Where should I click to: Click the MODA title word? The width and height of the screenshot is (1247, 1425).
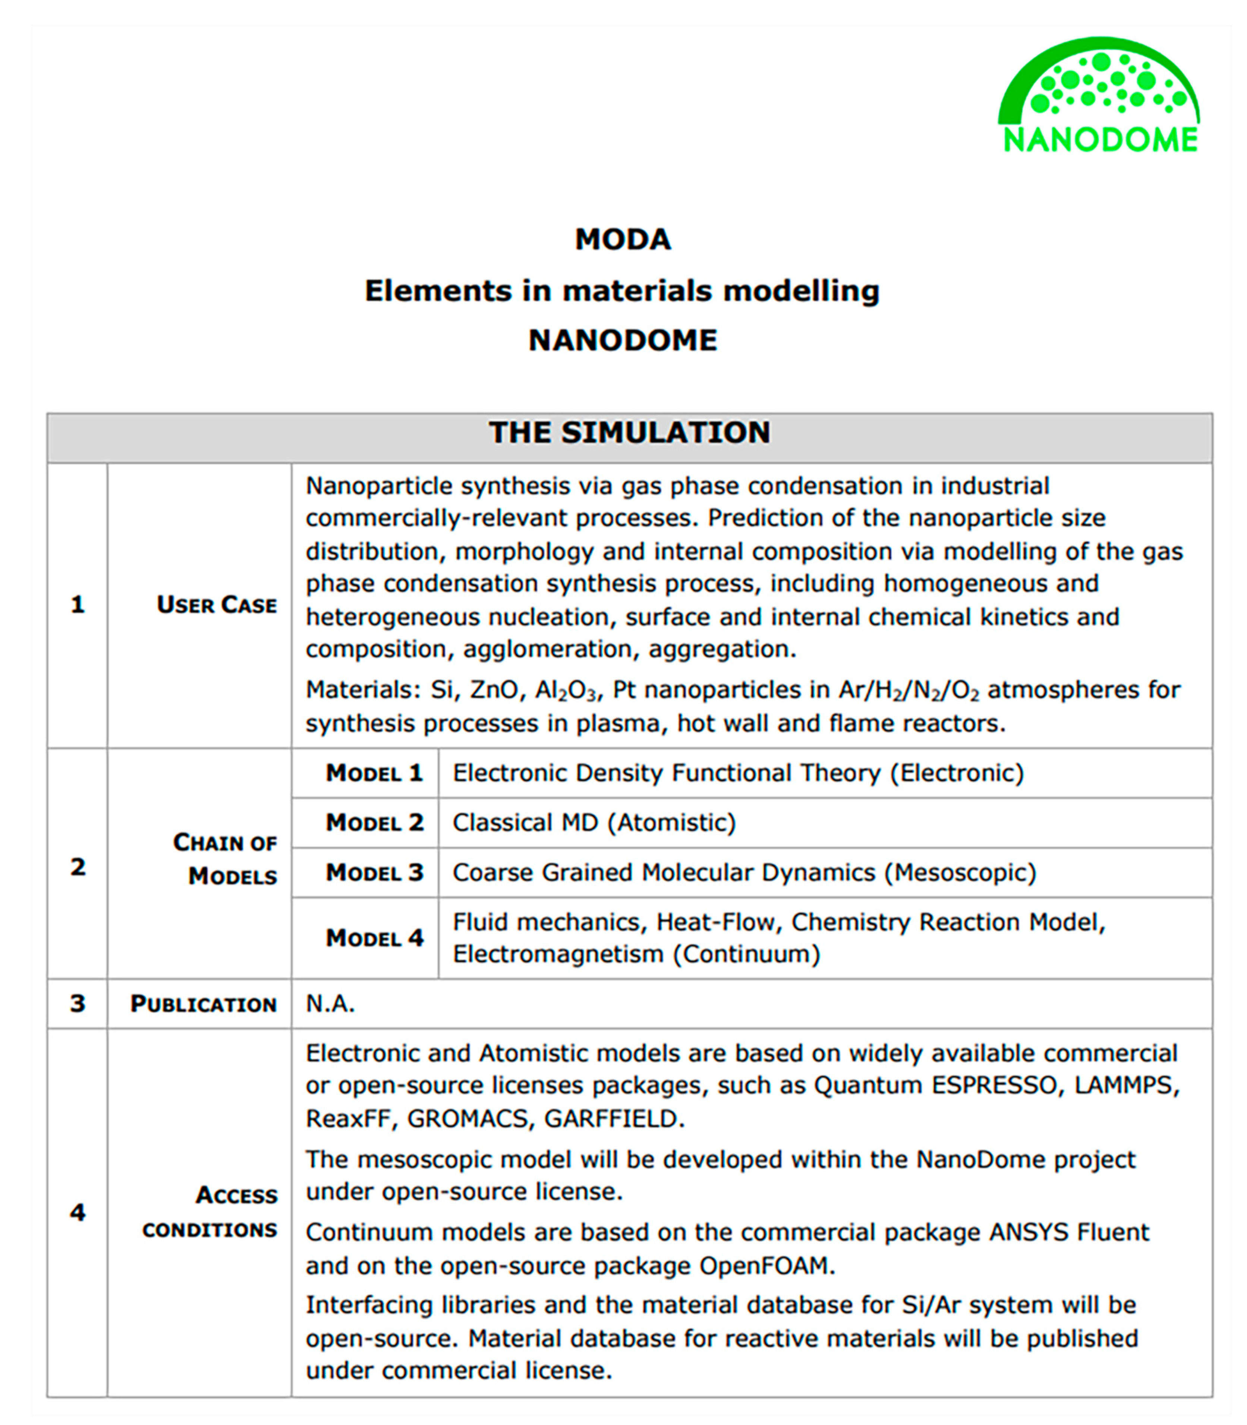(623, 239)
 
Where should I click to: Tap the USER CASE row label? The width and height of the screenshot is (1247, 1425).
(217, 604)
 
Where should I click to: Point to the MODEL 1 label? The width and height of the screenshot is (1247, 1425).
(374, 773)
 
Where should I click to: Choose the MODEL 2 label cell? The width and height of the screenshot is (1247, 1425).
(374, 822)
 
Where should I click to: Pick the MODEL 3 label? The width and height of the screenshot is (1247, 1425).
(374, 872)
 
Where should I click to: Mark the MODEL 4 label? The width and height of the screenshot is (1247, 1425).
(374, 938)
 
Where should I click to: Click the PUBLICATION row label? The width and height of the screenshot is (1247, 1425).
(203, 1004)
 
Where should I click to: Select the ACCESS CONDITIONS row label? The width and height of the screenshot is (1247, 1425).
(210, 1212)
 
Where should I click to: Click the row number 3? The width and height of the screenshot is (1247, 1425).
(77, 1004)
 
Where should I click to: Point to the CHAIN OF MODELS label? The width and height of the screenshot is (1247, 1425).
(225, 859)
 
